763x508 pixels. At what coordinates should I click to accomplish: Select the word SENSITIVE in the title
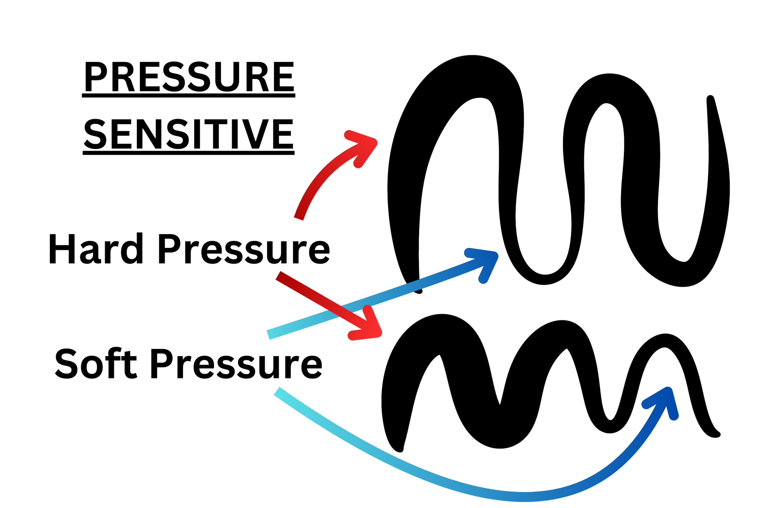(189, 134)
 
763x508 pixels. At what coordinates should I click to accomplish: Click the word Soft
(95, 364)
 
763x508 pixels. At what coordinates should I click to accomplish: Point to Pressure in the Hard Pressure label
(243, 249)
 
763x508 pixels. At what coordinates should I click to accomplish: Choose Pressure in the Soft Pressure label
(236, 364)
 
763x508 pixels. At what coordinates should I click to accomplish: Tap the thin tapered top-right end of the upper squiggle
(710, 99)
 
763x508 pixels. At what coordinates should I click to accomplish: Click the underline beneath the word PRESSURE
(189, 95)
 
